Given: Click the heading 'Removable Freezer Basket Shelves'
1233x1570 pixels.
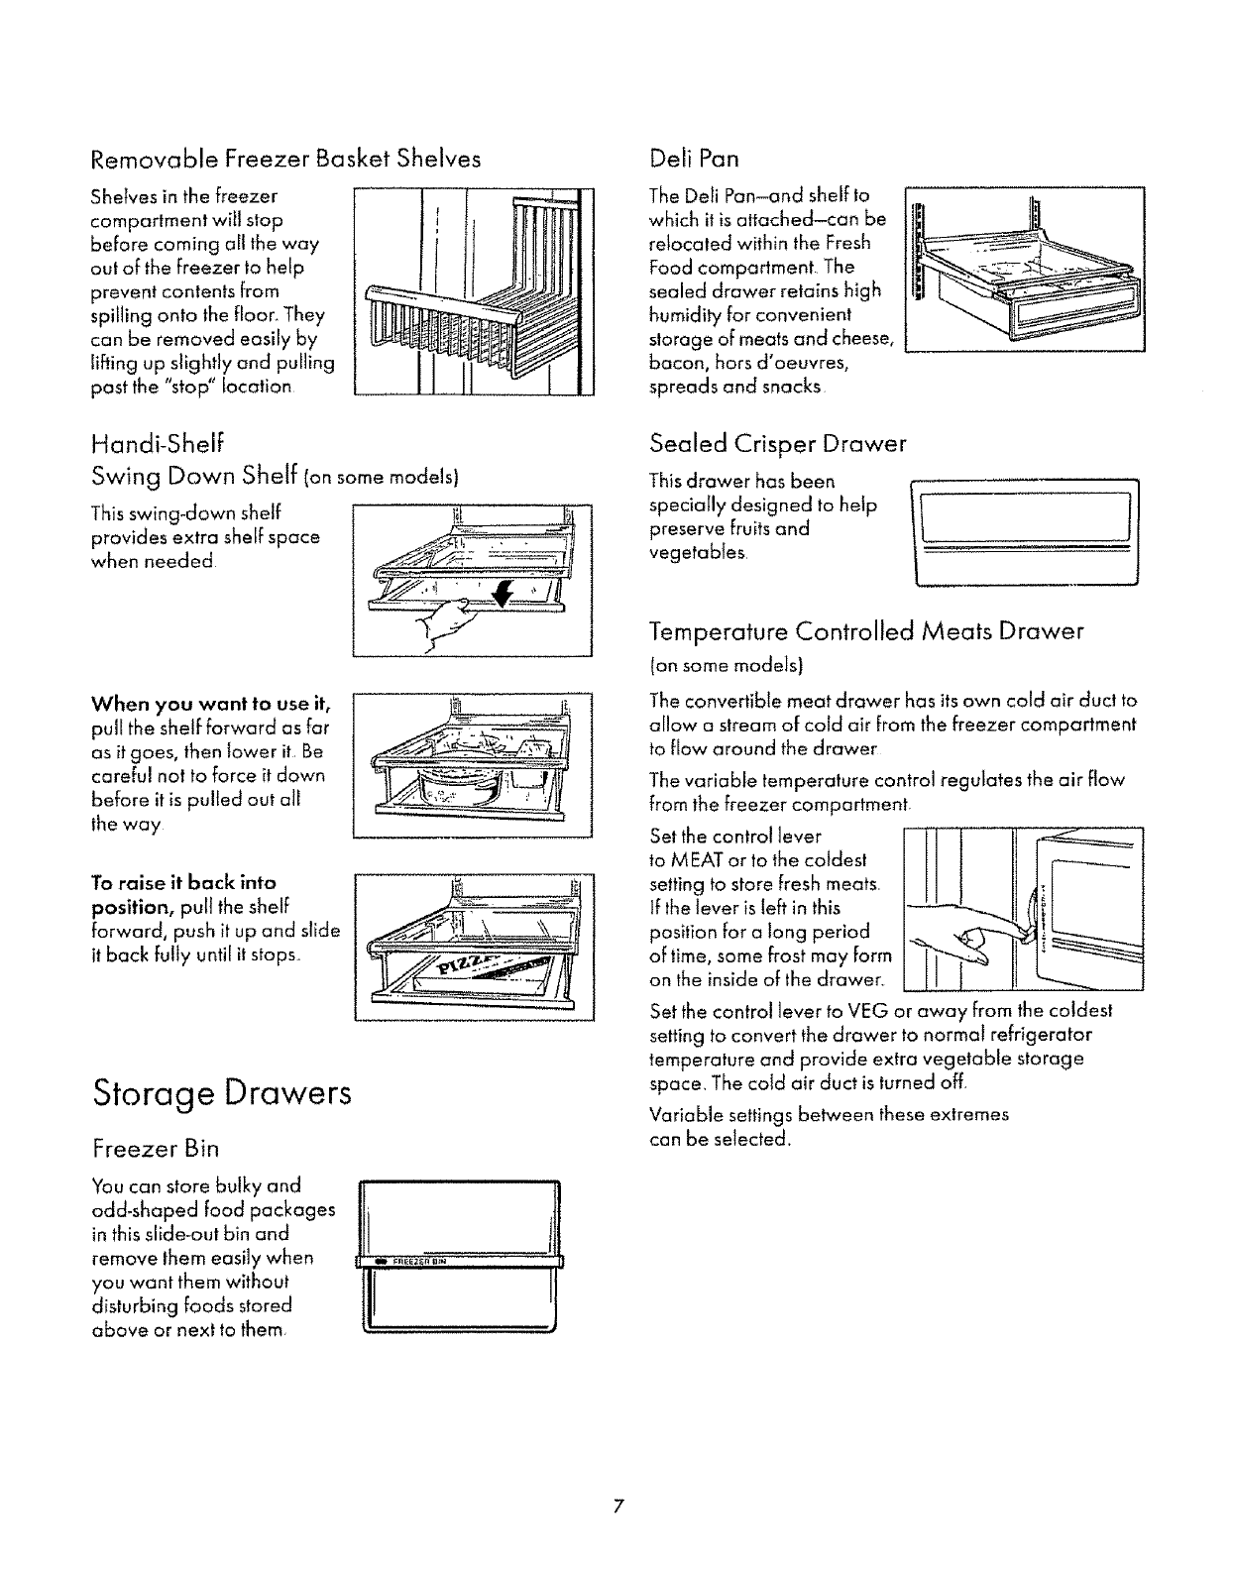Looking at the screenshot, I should coord(285,159).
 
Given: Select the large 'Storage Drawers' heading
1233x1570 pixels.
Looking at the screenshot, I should coord(221,1093).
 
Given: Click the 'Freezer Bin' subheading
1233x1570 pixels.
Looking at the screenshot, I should coord(154,1149).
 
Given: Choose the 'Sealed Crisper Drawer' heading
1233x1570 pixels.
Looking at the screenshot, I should coord(777,443).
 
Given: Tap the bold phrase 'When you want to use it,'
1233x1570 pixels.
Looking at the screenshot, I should coord(210,705).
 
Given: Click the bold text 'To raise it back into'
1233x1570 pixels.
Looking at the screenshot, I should coord(183,882).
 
